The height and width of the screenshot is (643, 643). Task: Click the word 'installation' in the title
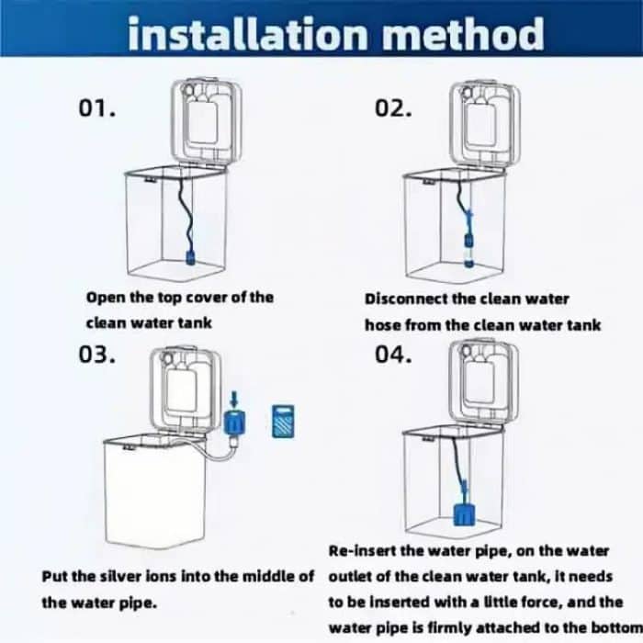tap(247, 34)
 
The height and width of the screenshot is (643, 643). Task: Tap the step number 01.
tap(97, 108)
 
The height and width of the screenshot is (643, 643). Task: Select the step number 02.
tap(393, 108)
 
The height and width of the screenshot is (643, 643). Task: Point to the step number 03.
tap(97, 355)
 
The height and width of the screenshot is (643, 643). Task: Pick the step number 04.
tap(393, 355)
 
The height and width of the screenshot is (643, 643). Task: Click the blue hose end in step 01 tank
tap(190, 256)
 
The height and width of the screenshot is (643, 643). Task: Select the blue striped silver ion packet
tap(283, 421)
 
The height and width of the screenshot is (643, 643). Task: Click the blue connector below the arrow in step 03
tap(234, 422)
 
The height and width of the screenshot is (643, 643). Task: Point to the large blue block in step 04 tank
tap(465, 515)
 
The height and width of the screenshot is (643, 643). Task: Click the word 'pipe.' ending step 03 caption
tap(138, 604)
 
